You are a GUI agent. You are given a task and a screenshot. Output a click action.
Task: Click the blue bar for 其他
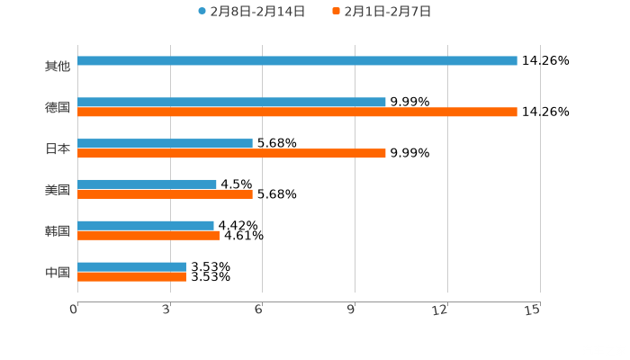click(297, 61)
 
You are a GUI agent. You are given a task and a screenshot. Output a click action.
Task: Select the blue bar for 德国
click(231, 102)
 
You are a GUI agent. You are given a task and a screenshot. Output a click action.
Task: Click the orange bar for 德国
click(297, 112)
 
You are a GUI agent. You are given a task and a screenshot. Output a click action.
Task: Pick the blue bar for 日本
click(165, 143)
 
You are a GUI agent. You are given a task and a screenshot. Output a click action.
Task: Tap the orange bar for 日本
click(231, 154)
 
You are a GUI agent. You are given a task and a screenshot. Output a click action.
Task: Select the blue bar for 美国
click(147, 184)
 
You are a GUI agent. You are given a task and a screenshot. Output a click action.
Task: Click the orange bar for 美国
click(165, 194)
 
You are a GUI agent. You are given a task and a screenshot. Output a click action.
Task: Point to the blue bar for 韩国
click(146, 225)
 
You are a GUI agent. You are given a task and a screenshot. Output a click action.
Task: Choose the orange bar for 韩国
click(148, 236)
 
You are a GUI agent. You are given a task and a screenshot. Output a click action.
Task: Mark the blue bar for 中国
click(131, 266)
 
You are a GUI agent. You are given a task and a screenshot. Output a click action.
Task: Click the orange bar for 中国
click(131, 277)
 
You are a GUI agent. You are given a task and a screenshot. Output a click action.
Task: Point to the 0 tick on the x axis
click(75, 310)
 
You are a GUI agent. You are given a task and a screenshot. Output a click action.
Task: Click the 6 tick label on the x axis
click(259, 310)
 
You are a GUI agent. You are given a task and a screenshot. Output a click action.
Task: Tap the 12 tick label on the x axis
click(441, 310)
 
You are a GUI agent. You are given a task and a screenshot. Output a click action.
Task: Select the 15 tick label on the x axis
click(533, 310)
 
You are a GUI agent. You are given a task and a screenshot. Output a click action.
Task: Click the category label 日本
click(58, 148)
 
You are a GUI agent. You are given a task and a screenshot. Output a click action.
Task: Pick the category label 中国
click(58, 272)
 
